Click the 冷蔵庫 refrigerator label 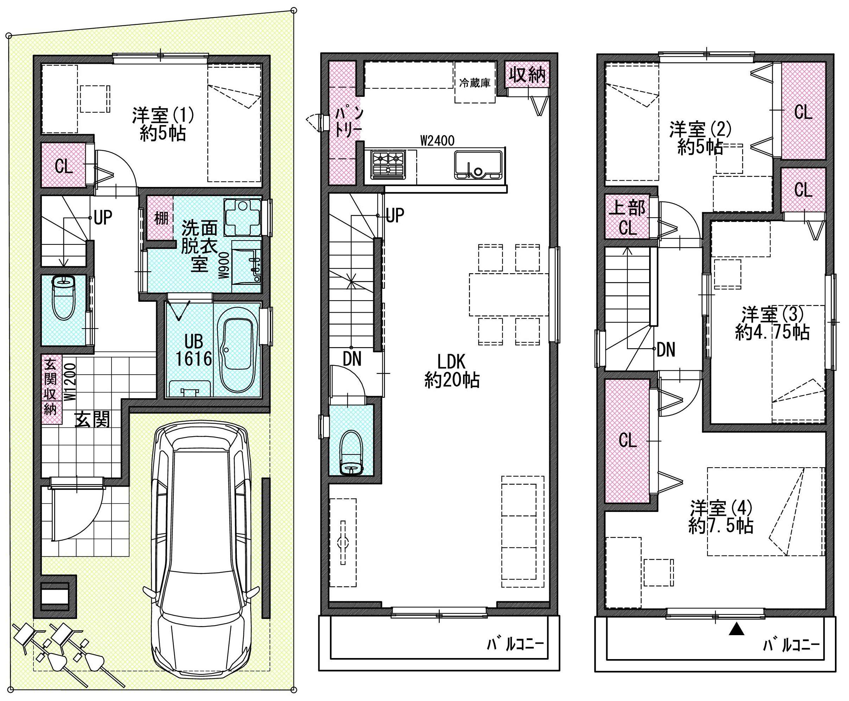[x=475, y=83]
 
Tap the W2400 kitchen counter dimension [x=437, y=140]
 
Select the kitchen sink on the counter [x=478, y=165]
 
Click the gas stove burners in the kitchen [x=388, y=165]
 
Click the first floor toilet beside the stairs [x=64, y=297]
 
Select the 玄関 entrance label [x=93, y=420]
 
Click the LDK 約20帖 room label [x=452, y=371]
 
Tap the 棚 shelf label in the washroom [x=161, y=218]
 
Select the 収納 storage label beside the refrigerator [x=527, y=75]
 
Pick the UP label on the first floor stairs [x=103, y=218]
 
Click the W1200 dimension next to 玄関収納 [x=70, y=382]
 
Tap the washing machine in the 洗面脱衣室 [x=242, y=217]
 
